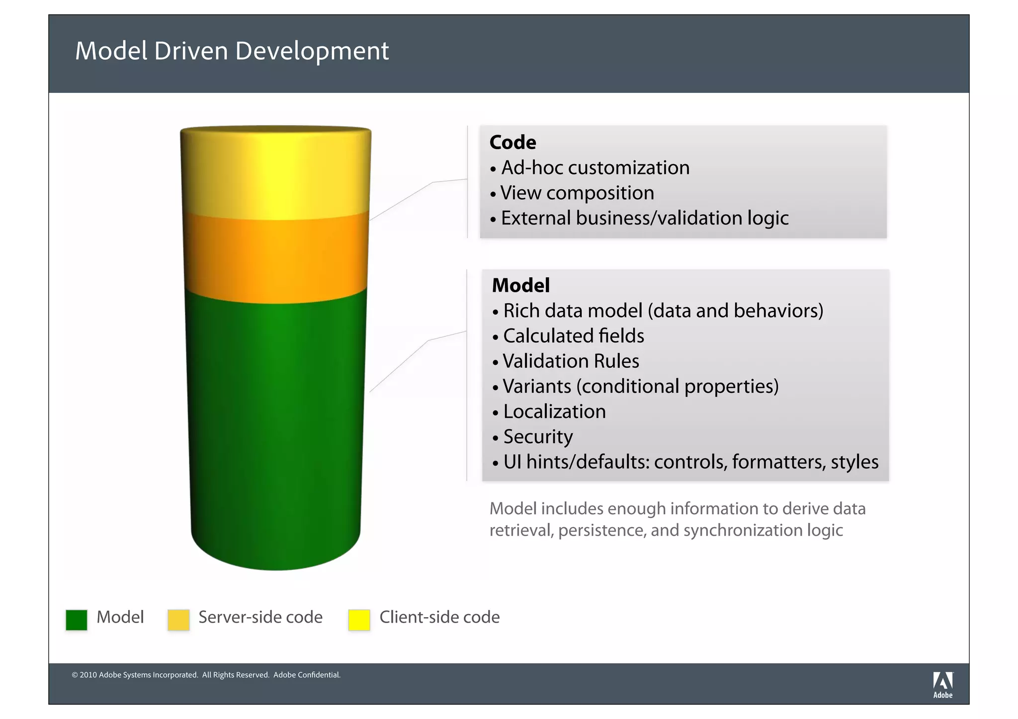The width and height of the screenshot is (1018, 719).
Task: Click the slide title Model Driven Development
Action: pyautogui.click(x=232, y=51)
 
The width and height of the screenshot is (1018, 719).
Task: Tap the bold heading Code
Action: pyautogui.click(x=512, y=143)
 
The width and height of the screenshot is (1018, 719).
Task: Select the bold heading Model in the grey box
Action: pyautogui.click(x=520, y=286)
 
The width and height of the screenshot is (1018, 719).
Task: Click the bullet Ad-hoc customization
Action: pyautogui.click(x=595, y=168)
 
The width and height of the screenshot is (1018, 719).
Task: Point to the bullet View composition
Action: pyautogui.click(x=577, y=193)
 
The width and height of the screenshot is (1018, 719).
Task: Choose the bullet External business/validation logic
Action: pyautogui.click(x=644, y=219)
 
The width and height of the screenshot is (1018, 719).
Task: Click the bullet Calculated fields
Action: pyautogui.click(x=573, y=336)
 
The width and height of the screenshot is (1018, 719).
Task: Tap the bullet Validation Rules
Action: pyautogui.click(x=571, y=361)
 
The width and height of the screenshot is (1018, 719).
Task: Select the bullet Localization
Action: pyautogui.click(x=554, y=412)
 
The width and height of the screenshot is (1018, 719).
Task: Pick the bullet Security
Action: pyautogui.click(x=538, y=437)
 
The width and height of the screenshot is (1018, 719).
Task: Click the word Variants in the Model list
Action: pyautogui.click(x=537, y=387)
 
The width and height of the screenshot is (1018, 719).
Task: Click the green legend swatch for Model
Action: pyautogui.click(x=77, y=620)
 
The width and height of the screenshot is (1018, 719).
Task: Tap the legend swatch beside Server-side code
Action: pyautogui.click(x=178, y=620)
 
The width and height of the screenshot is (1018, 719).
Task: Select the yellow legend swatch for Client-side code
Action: pyautogui.click(x=359, y=620)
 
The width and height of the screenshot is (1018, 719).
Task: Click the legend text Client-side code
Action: pyautogui.click(x=439, y=617)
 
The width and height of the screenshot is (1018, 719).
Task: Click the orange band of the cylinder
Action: pyautogui.click(x=276, y=258)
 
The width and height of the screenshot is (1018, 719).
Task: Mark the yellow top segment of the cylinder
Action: pyautogui.click(x=276, y=174)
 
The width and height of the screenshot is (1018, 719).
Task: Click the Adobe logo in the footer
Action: pyautogui.click(x=942, y=685)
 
